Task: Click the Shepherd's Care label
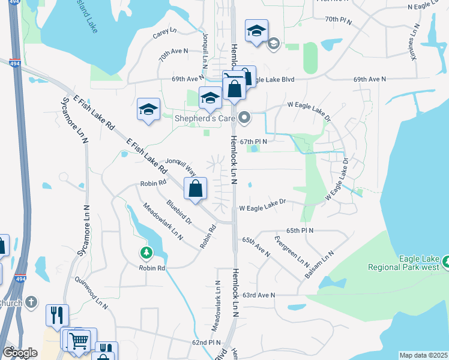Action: [x=203, y=118]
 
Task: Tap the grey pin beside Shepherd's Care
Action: [x=244, y=118]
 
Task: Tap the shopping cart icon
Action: [x=79, y=341]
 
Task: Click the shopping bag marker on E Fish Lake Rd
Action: [x=196, y=190]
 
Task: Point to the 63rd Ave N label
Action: [x=259, y=295]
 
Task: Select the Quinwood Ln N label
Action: [x=91, y=292]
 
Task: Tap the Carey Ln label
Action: [x=164, y=33]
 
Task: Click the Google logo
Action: [x=20, y=353]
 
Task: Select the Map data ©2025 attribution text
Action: [x=423, y=355]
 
